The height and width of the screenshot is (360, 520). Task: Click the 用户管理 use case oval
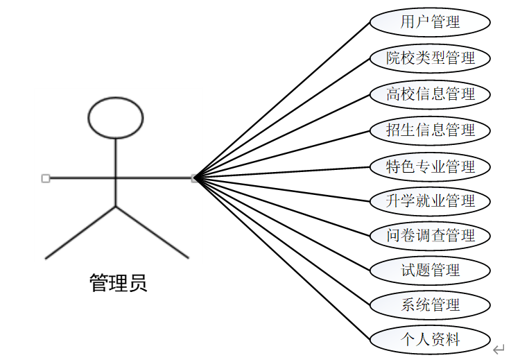(x=430, y=22)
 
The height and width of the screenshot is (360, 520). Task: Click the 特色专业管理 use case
(x=430, y=166)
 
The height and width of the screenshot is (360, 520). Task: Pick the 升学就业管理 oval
(x=430, y=201)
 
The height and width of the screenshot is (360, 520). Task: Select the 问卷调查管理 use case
(x=430, y=235)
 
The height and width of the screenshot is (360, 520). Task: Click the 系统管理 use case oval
(x=430, y=305)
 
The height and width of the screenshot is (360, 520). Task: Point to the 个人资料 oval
(x=430, y=340)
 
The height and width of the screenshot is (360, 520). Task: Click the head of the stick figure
(x=116, y=117)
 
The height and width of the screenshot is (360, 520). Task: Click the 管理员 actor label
(x=118, y=283)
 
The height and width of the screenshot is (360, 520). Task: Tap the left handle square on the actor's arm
(x=46, y=178)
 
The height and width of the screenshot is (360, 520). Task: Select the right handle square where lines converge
(x=195, y=178)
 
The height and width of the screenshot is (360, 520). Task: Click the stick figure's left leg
(x=80, y=232)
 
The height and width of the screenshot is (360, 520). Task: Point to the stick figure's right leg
(x=153, y=232)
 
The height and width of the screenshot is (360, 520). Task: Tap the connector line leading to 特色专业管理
(x=284, y=173)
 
